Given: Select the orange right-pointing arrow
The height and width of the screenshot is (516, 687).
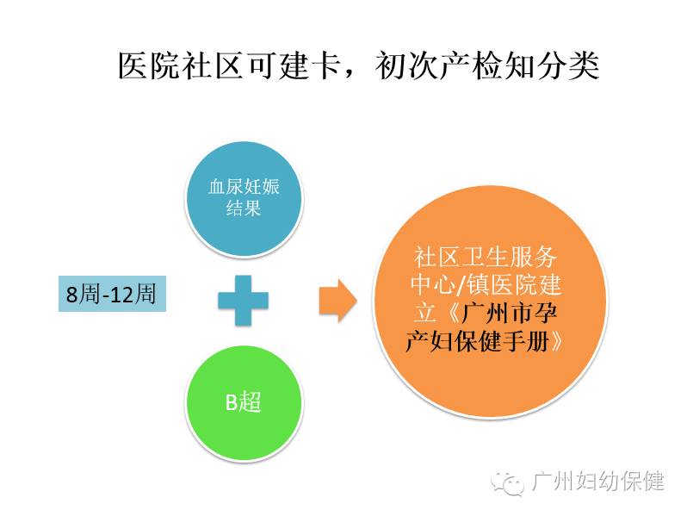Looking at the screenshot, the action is click(337, 299).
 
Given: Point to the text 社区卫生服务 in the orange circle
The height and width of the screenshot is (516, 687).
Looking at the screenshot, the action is click(486, 257).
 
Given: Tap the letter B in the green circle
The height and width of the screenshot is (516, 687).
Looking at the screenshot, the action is click(230, 401).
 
